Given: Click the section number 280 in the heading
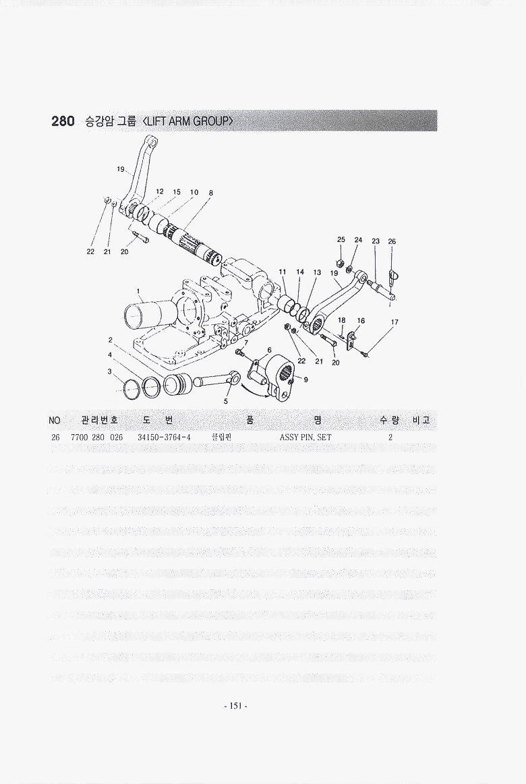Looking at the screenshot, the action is point(63,121).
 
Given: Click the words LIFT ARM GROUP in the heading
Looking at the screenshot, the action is point(188,121).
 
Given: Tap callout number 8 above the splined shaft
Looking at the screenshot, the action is point(211,193).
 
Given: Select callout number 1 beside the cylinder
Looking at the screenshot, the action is point(138,291).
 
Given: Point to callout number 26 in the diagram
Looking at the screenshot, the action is point(392,241).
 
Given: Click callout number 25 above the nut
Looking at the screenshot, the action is point(341,240).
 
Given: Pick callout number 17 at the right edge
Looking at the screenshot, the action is point(394,322).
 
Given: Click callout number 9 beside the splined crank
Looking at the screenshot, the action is point(305,380).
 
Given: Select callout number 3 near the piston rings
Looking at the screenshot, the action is point(109,371).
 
